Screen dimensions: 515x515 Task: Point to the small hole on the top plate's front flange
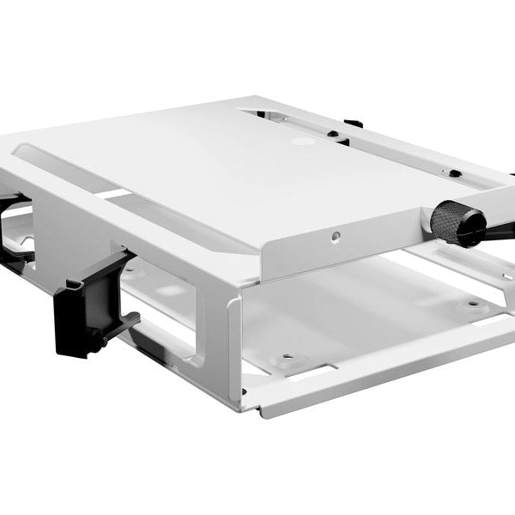[x=336, y=235]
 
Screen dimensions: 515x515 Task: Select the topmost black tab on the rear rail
[x=351, y=123]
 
